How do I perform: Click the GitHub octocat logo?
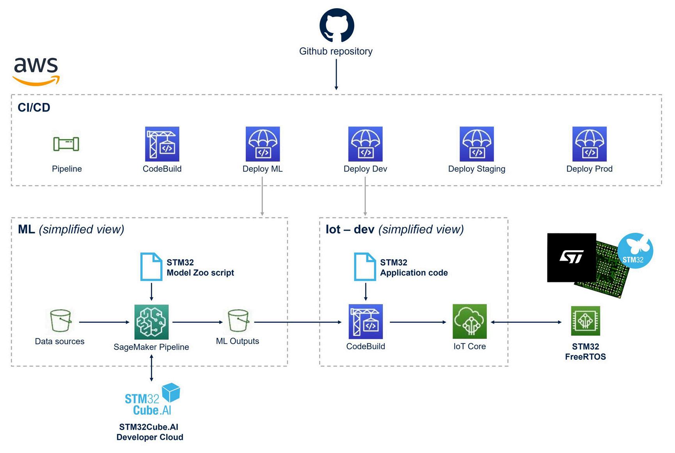336,25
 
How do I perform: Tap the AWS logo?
36,71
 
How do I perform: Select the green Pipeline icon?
66,144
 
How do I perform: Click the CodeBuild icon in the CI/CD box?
162,144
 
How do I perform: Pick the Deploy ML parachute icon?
263,144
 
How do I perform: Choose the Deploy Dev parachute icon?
365,144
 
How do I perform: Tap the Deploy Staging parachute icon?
476,144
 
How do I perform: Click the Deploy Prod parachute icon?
589,144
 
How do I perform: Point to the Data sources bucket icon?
60,321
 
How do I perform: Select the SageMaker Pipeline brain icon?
151,322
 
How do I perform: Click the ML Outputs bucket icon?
238,321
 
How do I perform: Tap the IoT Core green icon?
469,322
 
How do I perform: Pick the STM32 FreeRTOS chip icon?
585,321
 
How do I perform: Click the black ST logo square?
571,258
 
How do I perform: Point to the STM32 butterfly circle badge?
635,250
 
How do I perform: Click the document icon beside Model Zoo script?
151,266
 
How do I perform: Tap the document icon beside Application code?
365,266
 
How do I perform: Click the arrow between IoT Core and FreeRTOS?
526,322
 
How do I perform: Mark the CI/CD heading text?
34,108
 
